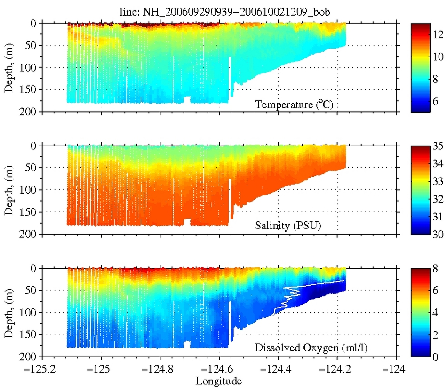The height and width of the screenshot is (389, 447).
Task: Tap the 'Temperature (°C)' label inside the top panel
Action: [x=294, y=105]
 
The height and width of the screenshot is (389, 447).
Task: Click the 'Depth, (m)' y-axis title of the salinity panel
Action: [x=9, y=190]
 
